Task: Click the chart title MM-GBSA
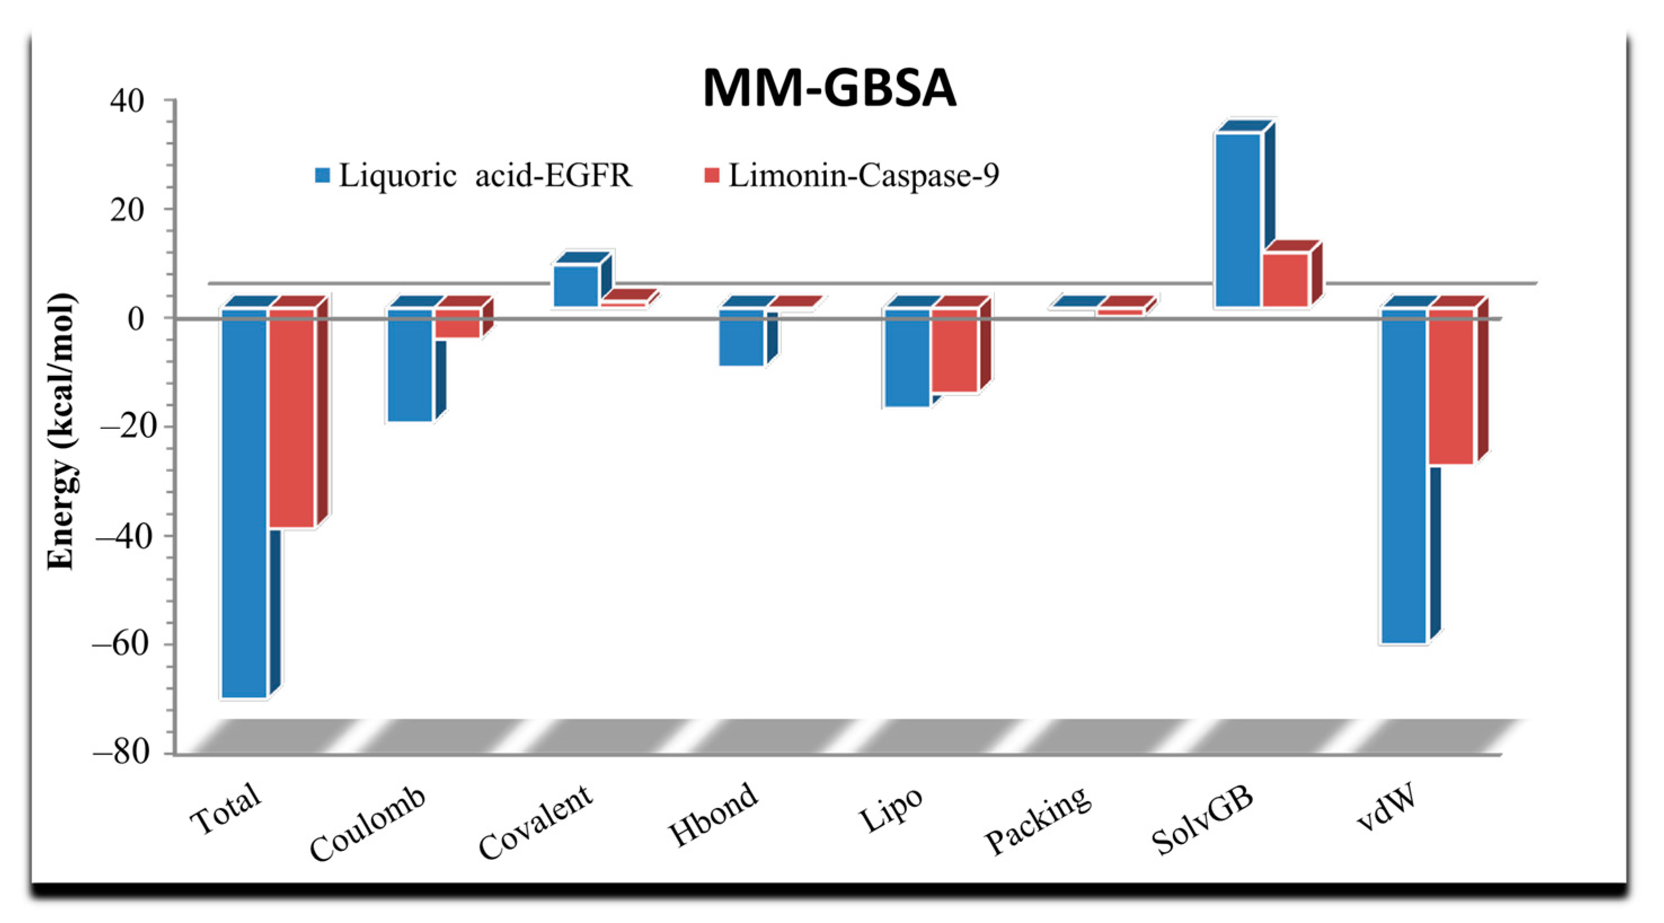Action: click(829, 88)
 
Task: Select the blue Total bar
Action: click(244, 504)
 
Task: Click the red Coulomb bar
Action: click(457, 323)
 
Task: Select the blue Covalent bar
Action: click(576, 285)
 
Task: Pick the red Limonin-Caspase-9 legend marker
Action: click(712, 175)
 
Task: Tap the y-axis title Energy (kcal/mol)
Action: click(61, 432)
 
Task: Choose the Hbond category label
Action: click(713, 814)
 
